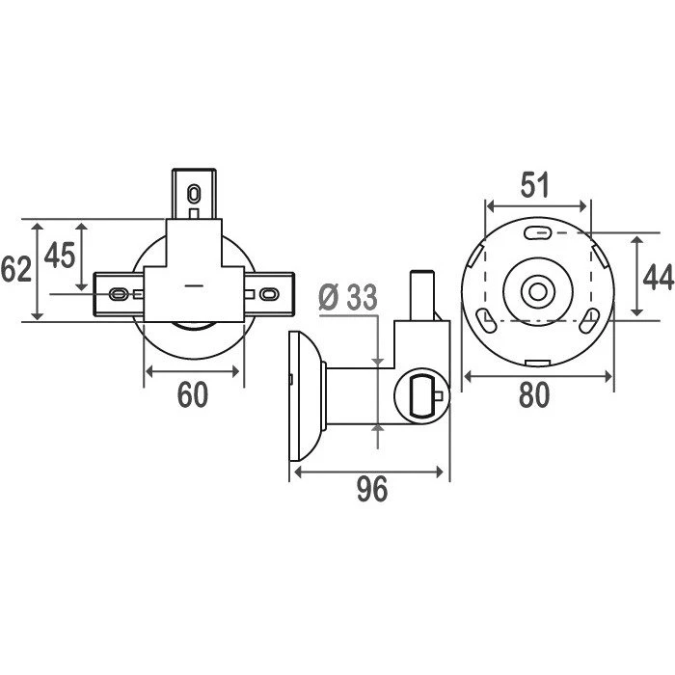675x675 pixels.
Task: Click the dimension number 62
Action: tap(16, 269)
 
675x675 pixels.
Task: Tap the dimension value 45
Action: tap(60, 255)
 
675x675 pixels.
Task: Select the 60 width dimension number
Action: tap(193, 394)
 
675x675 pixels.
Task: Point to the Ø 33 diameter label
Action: tap(348, 297)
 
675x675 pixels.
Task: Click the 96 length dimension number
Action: tap(372, 490)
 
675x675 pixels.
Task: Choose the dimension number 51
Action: tap(535, 185)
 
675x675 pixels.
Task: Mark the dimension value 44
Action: tap(659, 278)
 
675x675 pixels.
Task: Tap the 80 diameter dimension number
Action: tap(534, 394)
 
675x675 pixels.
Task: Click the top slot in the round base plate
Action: tap(538, 233)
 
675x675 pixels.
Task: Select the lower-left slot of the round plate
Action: tap(486, 320)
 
